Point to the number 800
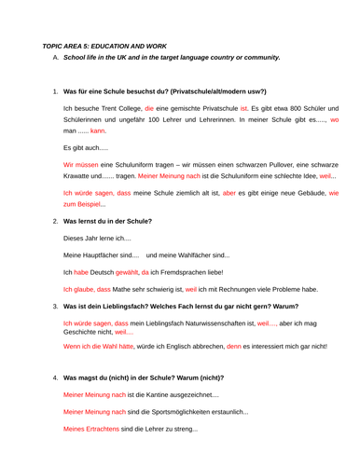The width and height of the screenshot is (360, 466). pos(254,108)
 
